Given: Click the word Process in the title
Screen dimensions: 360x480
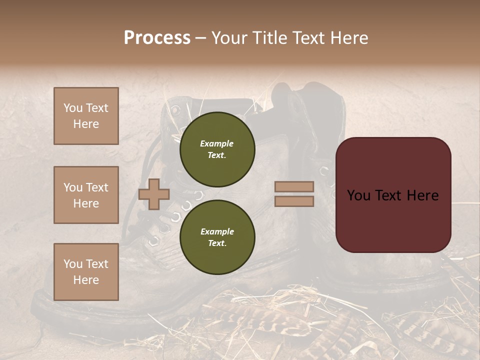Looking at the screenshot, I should click(157, 37).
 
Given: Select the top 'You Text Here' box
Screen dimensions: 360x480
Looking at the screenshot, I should click(86, 116).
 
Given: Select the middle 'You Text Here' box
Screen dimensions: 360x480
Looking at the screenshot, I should click(86, 195).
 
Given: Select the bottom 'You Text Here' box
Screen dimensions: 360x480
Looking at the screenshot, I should click(86, 271).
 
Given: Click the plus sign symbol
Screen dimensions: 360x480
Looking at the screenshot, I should click(154, 194).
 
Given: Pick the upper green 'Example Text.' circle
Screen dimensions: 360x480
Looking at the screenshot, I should click(217, 149).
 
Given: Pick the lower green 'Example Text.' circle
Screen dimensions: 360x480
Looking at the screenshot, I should click(217, 237).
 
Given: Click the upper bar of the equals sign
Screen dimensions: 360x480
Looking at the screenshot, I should click(294, 187).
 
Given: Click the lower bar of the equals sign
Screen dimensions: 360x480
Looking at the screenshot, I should click(294, 201).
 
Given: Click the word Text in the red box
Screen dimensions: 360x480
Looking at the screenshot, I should click(392, 195).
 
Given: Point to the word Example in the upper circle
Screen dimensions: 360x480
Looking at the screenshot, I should click(216, 143).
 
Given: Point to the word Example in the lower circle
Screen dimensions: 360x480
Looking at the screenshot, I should click(217, 231).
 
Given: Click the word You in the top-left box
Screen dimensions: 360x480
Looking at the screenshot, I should click(72, 108).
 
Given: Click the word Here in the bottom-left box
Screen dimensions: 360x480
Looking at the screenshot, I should click(86, 280).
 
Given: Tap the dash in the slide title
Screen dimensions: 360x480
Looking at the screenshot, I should click(200, 38).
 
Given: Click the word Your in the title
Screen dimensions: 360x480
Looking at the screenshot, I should click(229, 37).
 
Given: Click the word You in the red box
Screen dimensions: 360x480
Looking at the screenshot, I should click(358, 195).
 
